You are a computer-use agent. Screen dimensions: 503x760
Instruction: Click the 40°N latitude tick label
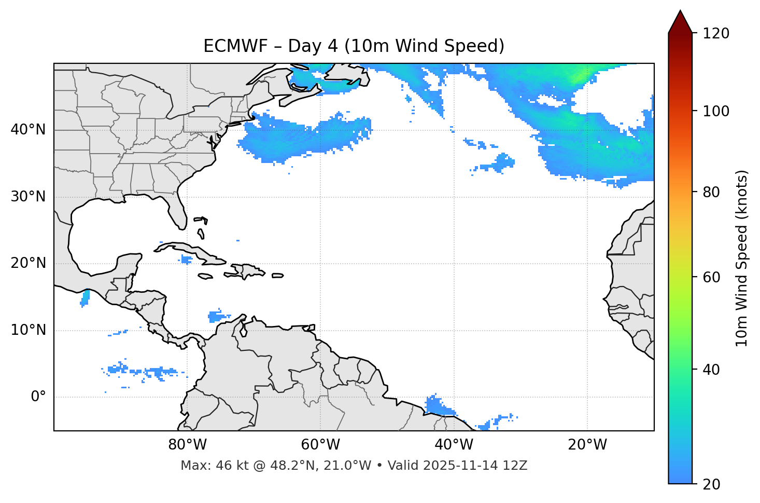pyautogui.click(x=28, y=130)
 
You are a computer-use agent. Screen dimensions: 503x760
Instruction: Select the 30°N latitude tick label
pyautogui.click(x=28, y=197)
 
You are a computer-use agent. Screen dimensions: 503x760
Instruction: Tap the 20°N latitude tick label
pyautogui.click(x=28, y=263)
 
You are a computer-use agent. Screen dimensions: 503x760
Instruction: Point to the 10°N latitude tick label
pyautogui.click(x=28, y=330)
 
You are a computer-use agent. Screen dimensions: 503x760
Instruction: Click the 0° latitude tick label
pyautogui.click(x=38, y=397)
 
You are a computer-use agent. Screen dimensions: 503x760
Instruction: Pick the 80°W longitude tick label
pyautogui.click(x=187, y=445)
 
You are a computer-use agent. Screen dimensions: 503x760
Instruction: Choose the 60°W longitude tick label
pyautogui.click(x=320, y=445)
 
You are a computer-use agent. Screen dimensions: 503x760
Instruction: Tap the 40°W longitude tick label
pyautogui.click(x=454, y=445)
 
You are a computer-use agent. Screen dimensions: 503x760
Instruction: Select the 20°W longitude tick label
pyautogui.click(x=587, y=445)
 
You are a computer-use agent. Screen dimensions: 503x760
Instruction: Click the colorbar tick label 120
pyautogui.click(x=716, y=34)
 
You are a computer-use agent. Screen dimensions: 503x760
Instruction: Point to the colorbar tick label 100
pyautogui.click(x=716, y=111)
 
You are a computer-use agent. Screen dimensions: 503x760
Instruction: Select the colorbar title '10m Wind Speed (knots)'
pyautogui.click(x=742, y=259)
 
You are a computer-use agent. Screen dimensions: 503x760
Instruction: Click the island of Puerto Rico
pyautogui.click(x=278, y=276)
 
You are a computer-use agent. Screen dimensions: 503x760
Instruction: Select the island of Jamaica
pyautogui.click(x=205, y=277)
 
